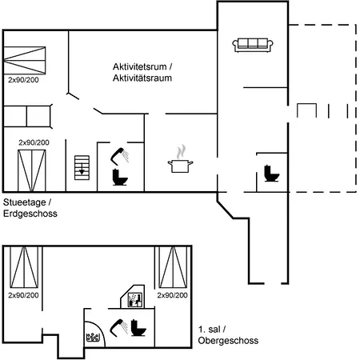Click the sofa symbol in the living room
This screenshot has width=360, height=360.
tap(253, 45)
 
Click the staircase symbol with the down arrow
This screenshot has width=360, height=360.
tap(82, 168)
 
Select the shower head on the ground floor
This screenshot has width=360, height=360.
tap(119, 156)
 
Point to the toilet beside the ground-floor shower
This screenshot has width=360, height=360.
tap(120, 178)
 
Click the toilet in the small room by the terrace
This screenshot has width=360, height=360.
tap(271, 174)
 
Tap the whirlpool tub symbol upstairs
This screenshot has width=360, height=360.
tap(93, 338)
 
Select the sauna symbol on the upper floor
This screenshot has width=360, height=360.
tap(134, 300)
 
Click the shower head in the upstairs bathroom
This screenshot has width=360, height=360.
tap(119, 328)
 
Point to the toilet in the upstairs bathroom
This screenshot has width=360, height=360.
tap(138, 328)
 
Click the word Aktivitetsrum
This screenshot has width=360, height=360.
tap(140, 66)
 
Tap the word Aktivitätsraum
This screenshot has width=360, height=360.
tap(142, 78)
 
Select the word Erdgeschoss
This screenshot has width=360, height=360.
tap(30, 214)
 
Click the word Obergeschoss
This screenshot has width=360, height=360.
tap(228, 341)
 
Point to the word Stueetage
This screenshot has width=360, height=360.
tap(25, 202)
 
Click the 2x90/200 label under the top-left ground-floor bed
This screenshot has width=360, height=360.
tap(23, 80)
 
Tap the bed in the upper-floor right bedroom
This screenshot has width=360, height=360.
tap(173, 267)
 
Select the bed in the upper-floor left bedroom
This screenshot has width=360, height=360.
tap(24, 267)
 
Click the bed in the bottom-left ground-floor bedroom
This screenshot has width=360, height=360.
tap(32, 170)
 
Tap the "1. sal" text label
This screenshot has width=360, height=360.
tap(208, 330)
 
